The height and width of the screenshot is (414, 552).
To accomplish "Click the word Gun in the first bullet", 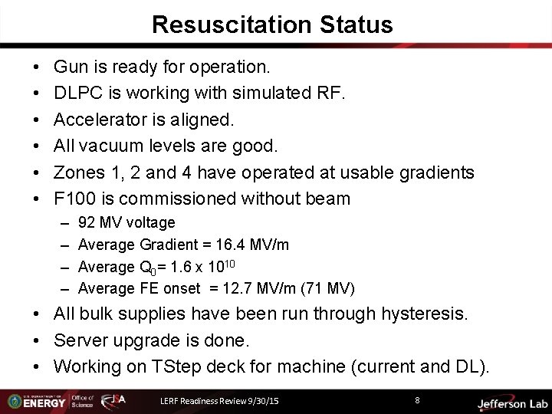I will [71, 67].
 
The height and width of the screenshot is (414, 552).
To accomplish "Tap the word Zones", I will [80, 172].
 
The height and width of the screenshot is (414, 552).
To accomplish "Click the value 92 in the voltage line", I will [87, 223].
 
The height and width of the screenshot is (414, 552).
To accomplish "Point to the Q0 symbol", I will [147, 268].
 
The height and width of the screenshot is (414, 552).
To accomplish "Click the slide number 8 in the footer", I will [417, 399].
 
